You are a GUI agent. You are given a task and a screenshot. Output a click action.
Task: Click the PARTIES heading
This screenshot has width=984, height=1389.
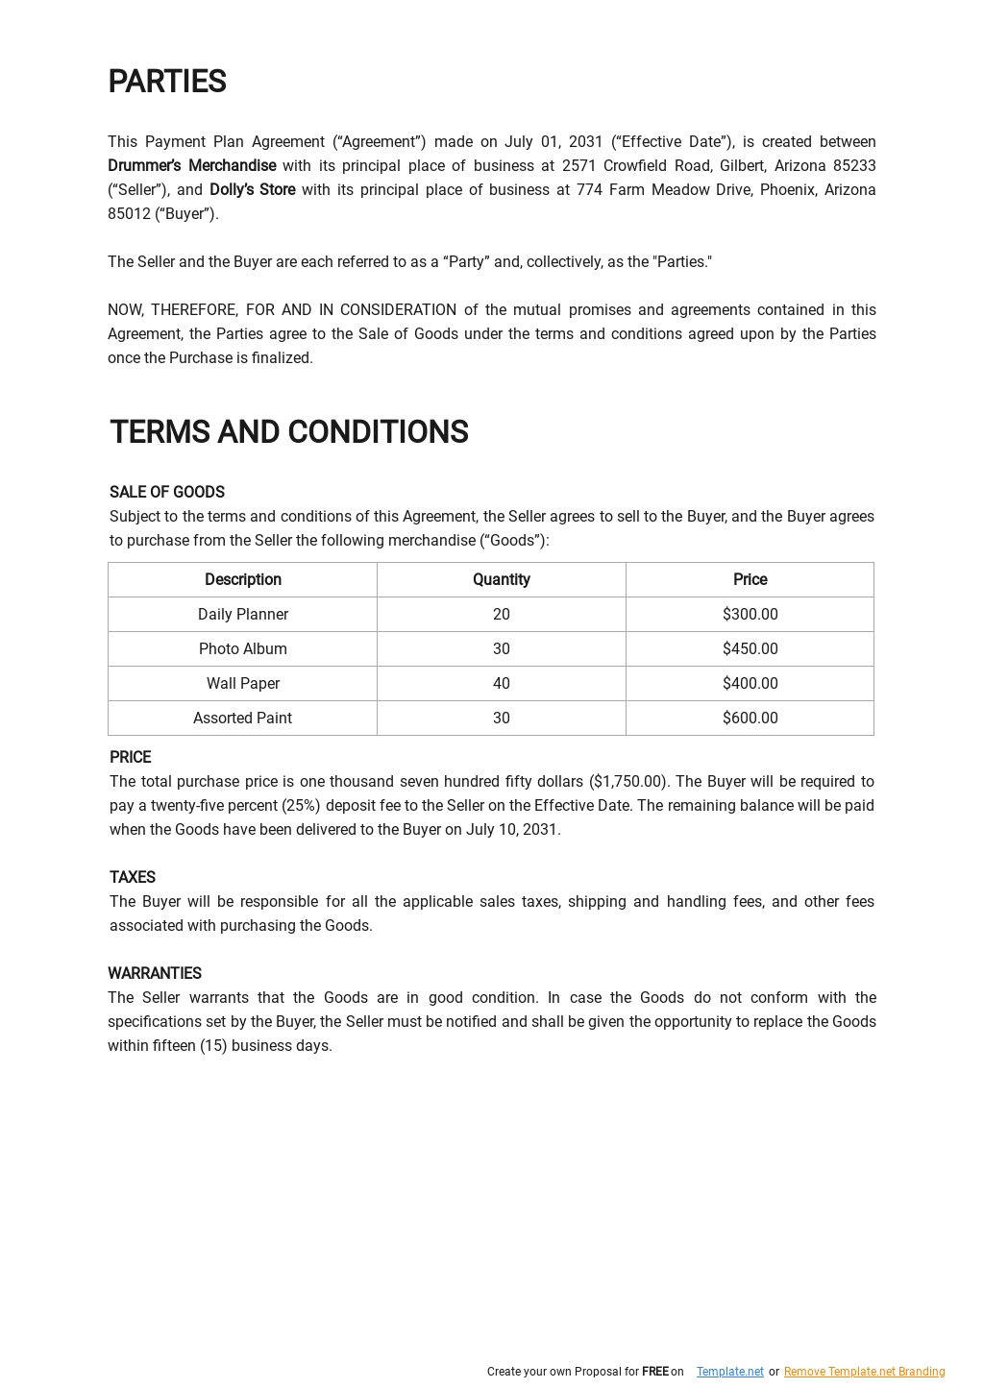click(166, 83)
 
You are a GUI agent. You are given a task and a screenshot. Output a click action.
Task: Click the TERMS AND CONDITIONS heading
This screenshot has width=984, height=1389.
click(288, 432)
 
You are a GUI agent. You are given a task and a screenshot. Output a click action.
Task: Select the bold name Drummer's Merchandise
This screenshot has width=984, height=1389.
click(191, 166)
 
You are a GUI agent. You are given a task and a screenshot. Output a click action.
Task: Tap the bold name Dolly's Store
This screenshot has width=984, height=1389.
click(252, 190)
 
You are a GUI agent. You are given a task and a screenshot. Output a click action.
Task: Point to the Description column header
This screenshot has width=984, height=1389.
click(242, 580)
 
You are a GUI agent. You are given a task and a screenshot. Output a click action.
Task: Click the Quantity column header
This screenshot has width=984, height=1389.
click(501, 580)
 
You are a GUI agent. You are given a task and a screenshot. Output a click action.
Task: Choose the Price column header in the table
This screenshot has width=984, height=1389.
click(750, 580)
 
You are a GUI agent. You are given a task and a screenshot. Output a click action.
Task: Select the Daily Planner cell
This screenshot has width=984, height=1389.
click(242, 615)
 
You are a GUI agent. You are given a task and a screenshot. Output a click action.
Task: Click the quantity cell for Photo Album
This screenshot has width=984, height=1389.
click(501, 649)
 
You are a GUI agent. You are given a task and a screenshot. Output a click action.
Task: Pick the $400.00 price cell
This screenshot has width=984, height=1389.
click(750, 684)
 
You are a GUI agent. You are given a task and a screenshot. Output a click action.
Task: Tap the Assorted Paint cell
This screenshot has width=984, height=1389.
click(242, 719)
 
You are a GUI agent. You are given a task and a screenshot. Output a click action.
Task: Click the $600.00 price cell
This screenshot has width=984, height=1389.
click(750, 719)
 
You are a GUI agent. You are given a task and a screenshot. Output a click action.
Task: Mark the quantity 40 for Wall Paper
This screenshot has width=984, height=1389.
click(501, 684)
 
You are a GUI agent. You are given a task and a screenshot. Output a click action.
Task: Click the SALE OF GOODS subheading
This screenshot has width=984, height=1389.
click(166, 492)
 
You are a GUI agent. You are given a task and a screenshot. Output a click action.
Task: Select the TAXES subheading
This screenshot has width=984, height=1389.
click(132, 877)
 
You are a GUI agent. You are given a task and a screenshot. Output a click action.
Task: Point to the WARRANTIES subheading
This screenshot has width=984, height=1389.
click(154, 973)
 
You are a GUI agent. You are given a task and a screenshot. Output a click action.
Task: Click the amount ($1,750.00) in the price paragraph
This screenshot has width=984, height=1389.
click(627, 782)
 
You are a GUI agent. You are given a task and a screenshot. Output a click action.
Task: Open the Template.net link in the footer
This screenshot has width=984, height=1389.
click(729, 1372)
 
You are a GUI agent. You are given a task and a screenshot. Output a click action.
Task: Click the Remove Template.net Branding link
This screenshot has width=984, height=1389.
click(864, 1372)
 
